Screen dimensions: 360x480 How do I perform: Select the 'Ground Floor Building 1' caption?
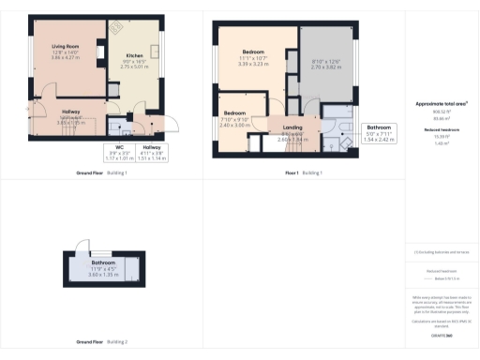click(x=101, y=173)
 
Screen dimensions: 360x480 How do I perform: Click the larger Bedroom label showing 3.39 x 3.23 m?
click(x=254, y=55)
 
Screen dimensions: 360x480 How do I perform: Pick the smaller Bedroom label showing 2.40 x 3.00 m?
click(x=233, y=116)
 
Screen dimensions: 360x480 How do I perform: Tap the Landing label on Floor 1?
click(x=294, y=130)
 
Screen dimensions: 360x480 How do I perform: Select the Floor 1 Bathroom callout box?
click(x=379, y=132)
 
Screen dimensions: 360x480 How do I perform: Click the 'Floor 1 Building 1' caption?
click(x=303, y=173)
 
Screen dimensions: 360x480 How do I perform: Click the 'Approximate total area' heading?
click(x=441, y=104)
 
